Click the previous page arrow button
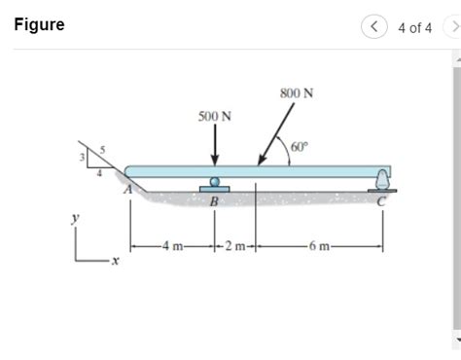(x=374, y=27)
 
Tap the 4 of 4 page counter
(x=414, y=27)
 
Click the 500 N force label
(x=215, y=116)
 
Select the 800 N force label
(x=296, y=93)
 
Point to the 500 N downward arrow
(x=215, y=145)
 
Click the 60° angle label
(x=299, y=148)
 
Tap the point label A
(x=127, y=191)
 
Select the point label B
(x=215, y=201)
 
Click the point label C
(x=382, y=201)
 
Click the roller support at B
(x=215, y=183)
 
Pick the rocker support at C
(x=382, y=179)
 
